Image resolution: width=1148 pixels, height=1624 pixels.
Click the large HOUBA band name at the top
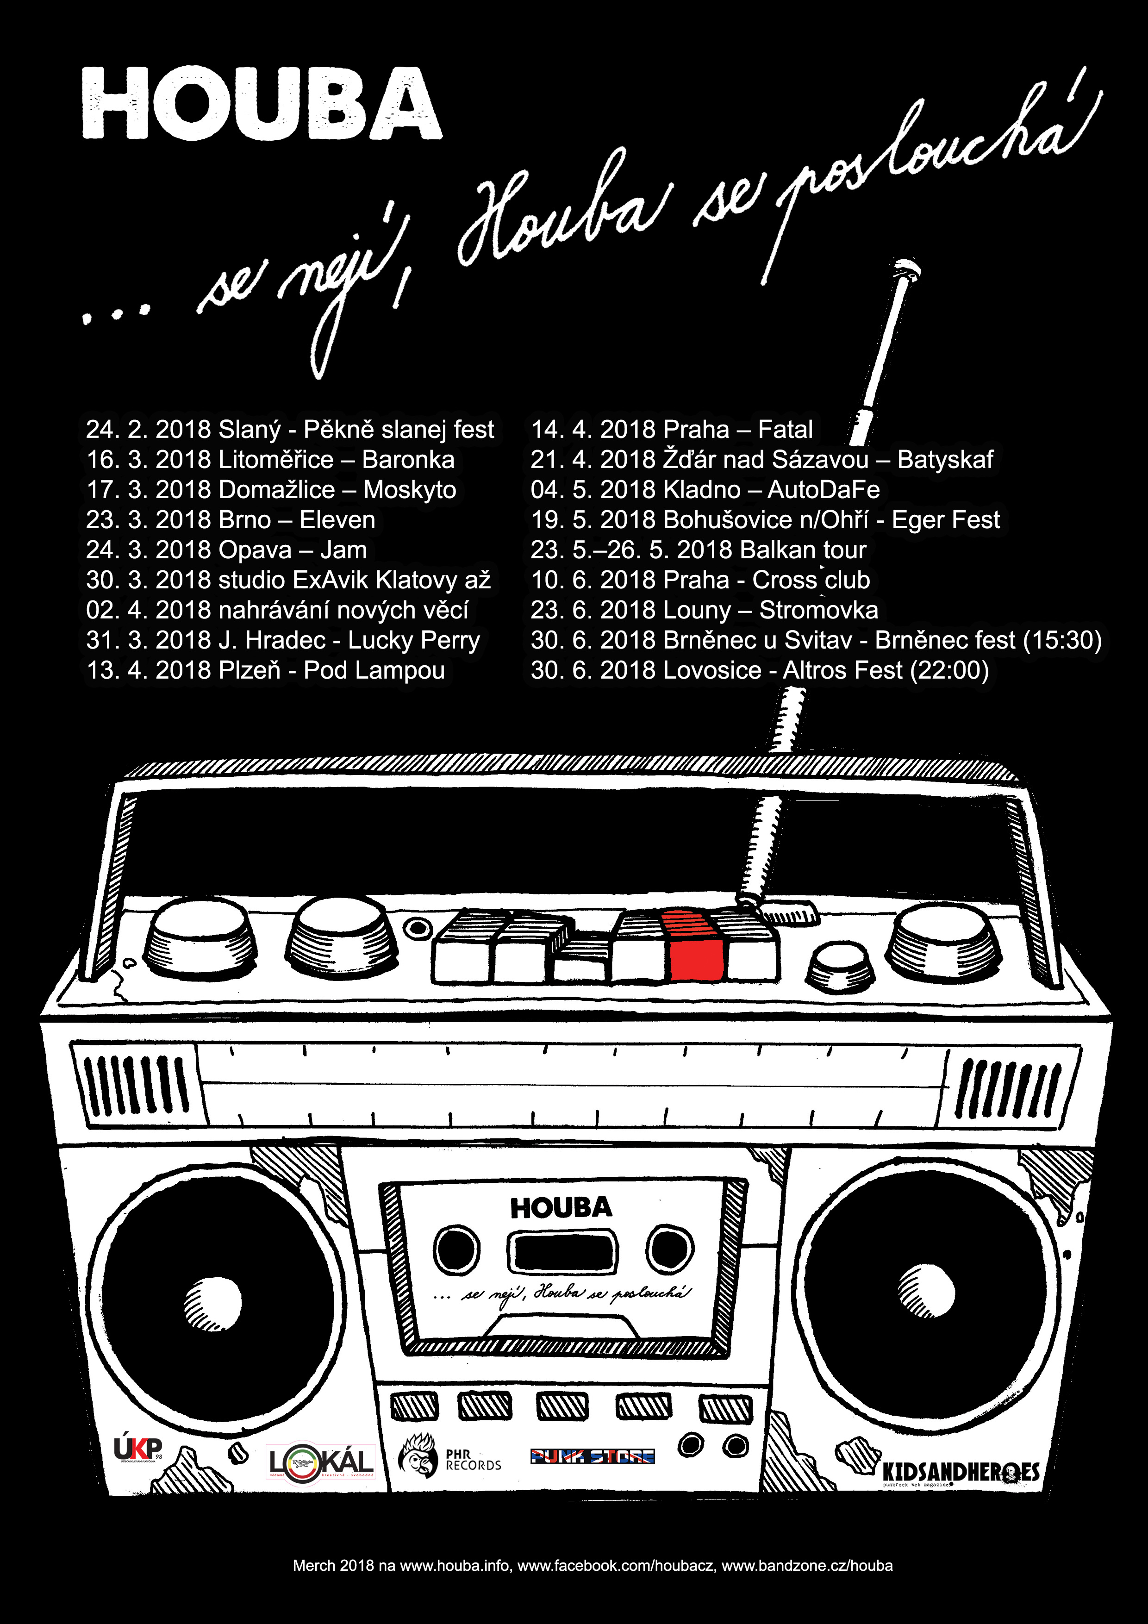(262, 104)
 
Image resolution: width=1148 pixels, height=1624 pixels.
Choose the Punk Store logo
(592, 1455)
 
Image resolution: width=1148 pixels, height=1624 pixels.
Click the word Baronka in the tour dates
(408, 460)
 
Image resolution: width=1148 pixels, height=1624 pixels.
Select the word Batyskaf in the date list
(945, 460)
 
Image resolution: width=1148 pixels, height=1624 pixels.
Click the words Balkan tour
(803, 550)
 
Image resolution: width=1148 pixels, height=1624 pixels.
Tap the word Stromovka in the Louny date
(818, 610)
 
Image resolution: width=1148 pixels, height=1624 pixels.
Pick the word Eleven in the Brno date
(337, 520)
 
